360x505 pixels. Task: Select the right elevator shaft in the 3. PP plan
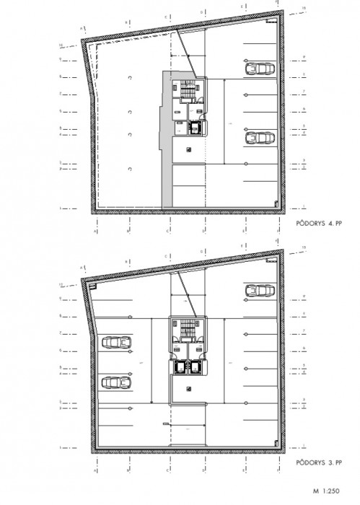(196, 366)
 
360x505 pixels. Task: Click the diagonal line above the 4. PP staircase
(187, 58)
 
